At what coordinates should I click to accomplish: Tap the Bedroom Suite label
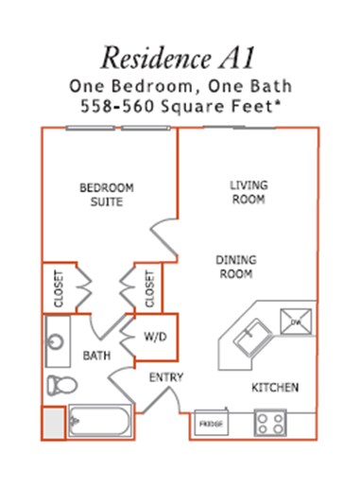106,194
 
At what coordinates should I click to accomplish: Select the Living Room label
248,192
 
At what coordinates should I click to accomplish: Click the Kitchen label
275,388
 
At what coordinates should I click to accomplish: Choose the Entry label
165,378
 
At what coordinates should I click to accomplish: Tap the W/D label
156,336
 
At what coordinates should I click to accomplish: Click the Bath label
97,357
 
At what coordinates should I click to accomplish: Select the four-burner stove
271,423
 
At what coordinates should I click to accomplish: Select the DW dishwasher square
294,322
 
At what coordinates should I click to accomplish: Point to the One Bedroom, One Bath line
180,84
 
